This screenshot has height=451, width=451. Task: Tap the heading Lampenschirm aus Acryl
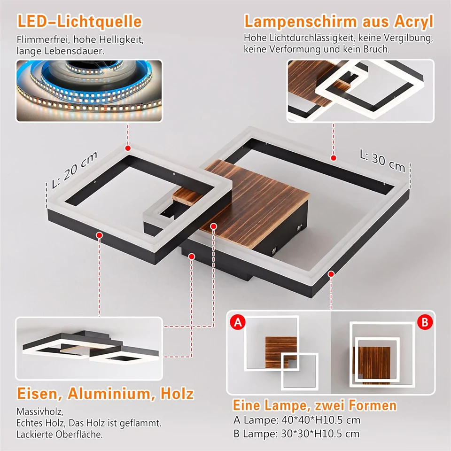(338, 22)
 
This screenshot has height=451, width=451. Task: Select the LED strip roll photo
(89, 90)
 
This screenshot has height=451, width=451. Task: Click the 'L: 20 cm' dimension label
(75, 170)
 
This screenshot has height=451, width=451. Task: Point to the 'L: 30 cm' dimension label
(382, 160)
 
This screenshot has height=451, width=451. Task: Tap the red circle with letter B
(424, 322)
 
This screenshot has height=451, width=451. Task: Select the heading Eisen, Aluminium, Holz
(105, 394)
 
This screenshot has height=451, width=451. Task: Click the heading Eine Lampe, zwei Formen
(315, 405)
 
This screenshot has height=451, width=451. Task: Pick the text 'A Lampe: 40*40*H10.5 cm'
(297, 420)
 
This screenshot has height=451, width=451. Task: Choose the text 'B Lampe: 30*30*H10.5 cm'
(297, 434)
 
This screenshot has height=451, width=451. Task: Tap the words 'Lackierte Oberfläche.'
(59, 434)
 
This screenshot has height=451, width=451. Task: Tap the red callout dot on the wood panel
(213, 226)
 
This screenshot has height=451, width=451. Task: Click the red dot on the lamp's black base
(192, 256)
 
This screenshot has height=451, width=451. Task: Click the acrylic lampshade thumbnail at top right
(359, 90)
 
